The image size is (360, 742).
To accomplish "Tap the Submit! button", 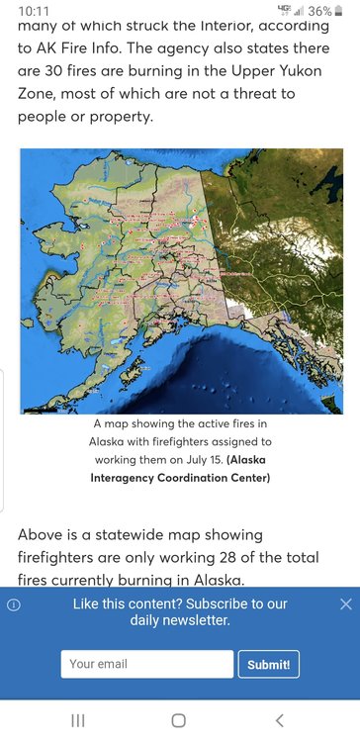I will click(268, 664).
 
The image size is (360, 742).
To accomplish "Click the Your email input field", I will click(146, 664).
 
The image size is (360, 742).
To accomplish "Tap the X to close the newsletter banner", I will click(345, 603).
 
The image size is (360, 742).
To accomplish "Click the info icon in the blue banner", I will click(14, 604).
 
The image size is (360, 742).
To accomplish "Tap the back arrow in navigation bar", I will click(279, 720).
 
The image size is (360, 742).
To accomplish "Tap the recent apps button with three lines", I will click(78, 720).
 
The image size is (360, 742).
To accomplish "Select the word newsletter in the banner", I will click(193, 620).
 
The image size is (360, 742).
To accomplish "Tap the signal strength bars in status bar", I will click(298, 11).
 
